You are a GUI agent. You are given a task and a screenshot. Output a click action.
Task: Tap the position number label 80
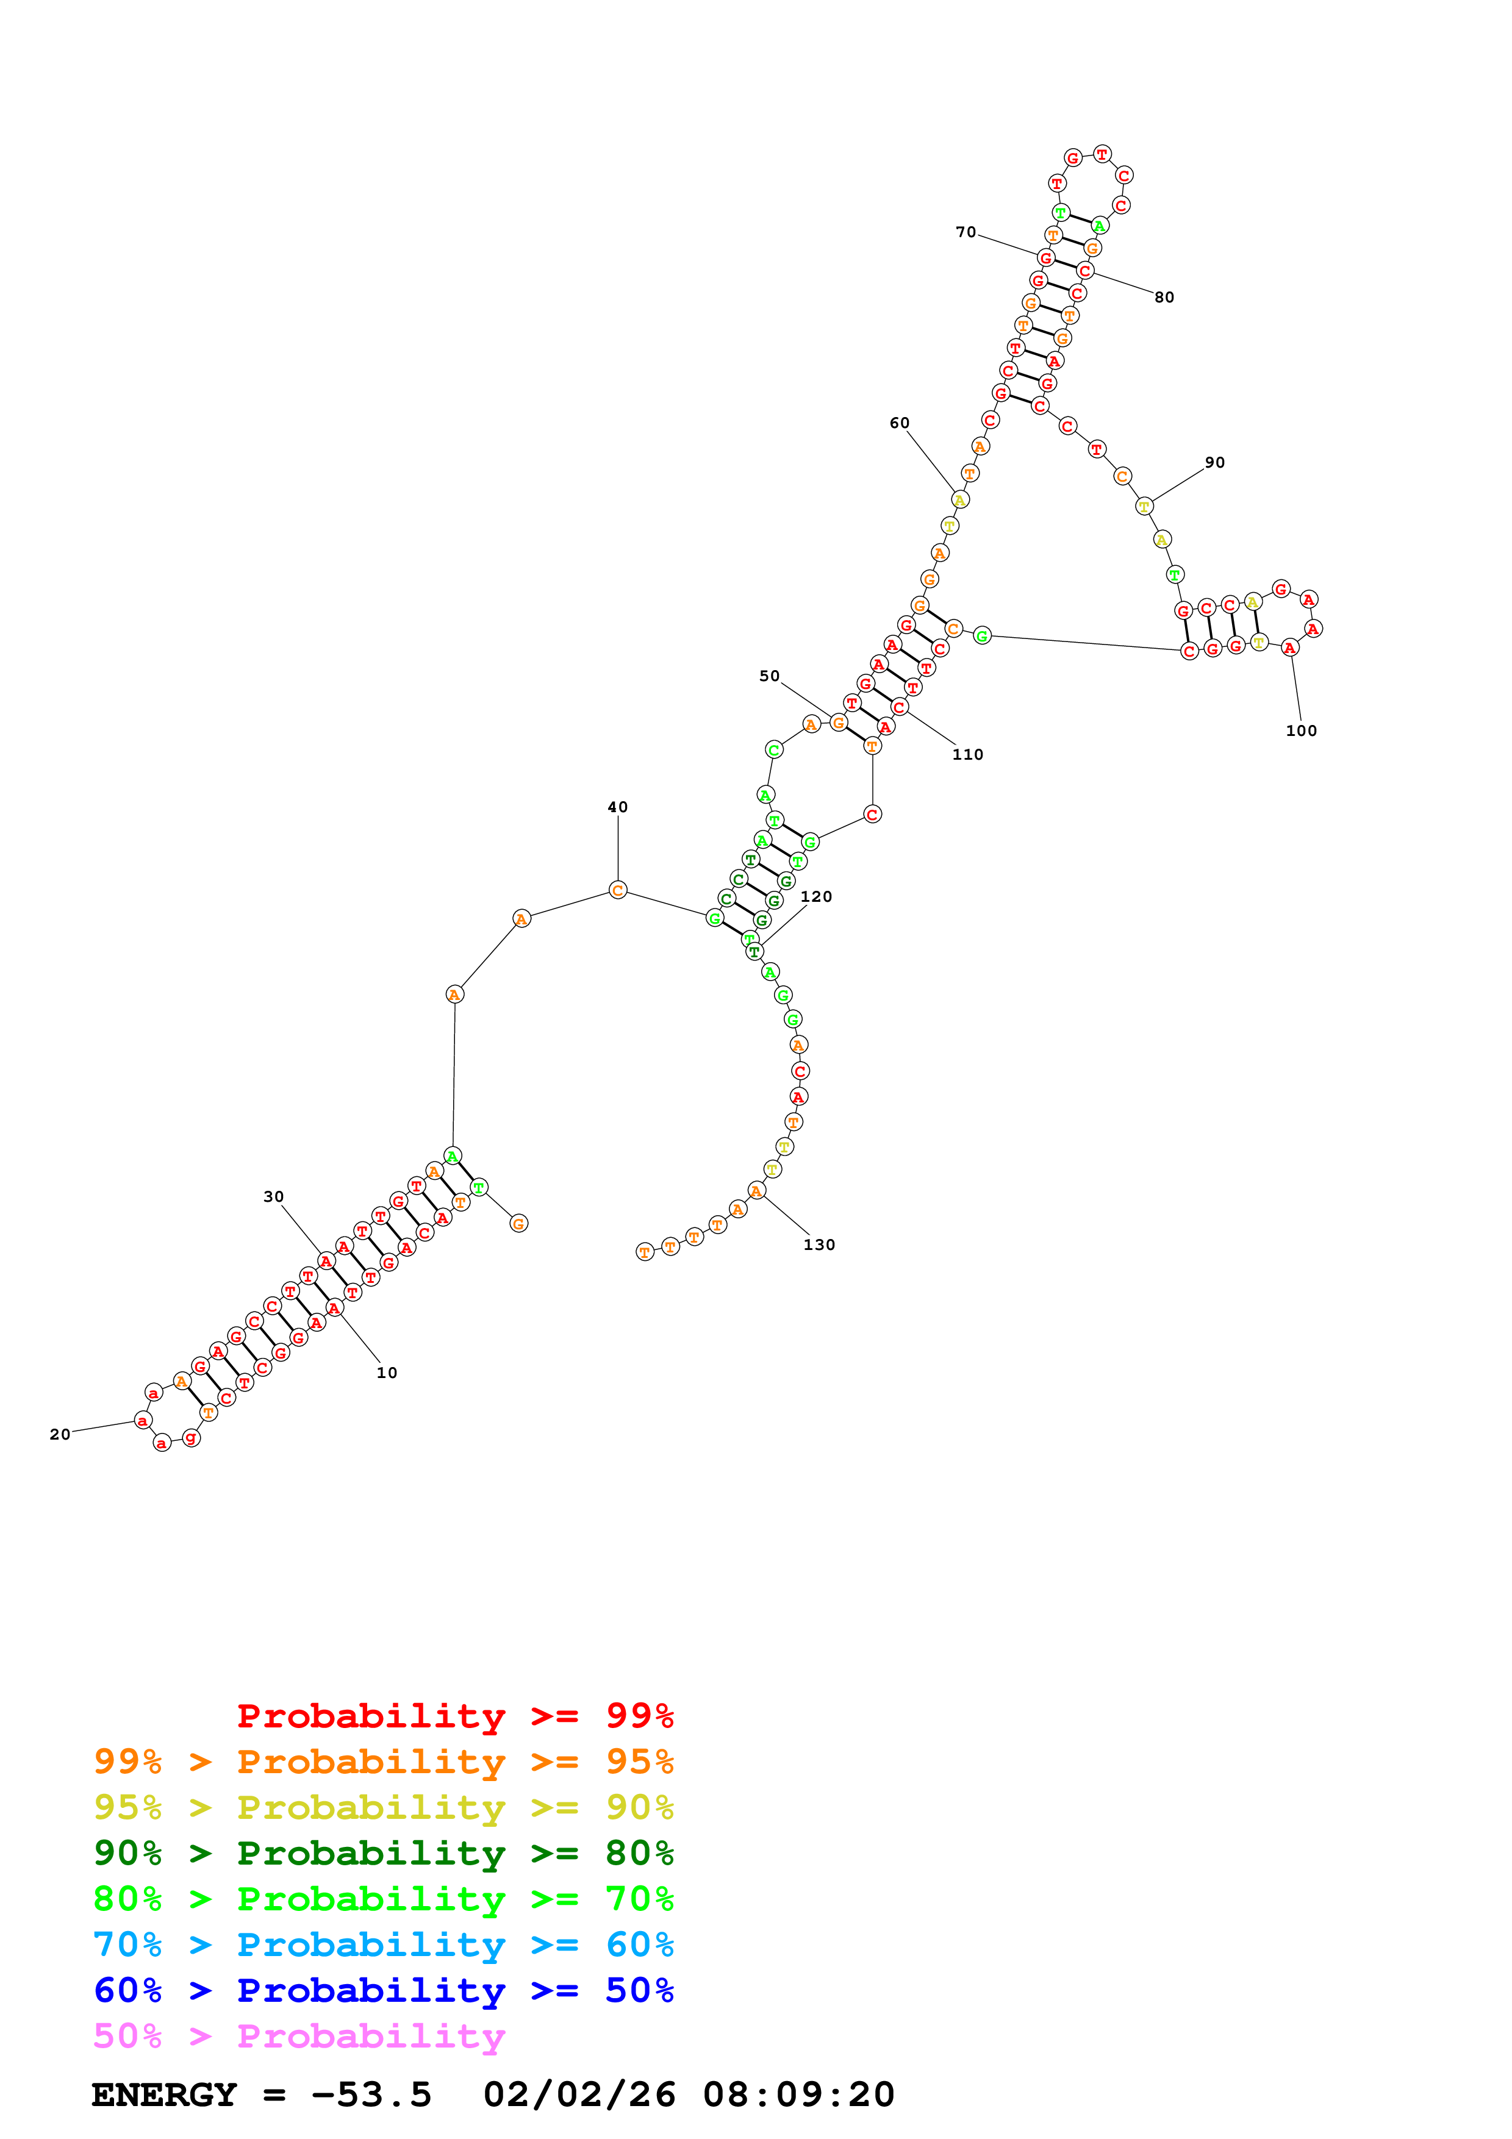[x=1164, y=297]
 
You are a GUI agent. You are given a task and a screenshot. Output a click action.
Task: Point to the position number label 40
[x=618, y=807]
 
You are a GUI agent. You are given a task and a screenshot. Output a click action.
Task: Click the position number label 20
[x=60, y=1434]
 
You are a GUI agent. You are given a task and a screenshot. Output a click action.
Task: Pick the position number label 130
[x=819, y=1244]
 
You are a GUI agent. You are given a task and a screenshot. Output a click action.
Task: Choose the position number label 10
[x=387, y=1373]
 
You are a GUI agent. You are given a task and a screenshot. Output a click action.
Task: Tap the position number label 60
[x=899, y=423]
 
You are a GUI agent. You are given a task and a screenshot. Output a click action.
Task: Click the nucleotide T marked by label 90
[x=1144, y=506]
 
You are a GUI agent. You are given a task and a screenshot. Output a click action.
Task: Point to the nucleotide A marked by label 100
[x=1289, y=648]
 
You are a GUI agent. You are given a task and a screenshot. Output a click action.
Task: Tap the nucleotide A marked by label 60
[x=959, y=500]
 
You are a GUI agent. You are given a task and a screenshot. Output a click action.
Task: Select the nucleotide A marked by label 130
[x=756, y=1191]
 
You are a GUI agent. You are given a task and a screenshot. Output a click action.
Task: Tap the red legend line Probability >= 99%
[x=454, y=1716]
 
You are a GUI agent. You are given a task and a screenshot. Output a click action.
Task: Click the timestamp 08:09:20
[x=798, y=2095]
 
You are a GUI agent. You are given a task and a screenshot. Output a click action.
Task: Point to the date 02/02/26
[x=579, y=2095]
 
